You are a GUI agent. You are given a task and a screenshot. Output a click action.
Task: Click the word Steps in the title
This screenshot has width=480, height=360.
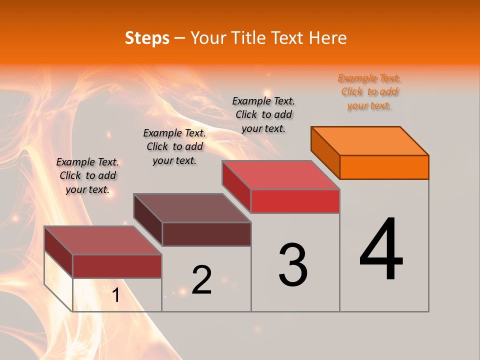point(147,38)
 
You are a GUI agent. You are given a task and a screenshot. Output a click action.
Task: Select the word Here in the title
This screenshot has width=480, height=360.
point(327,38)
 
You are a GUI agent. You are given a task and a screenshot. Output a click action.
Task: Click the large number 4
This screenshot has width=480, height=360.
point(381,250)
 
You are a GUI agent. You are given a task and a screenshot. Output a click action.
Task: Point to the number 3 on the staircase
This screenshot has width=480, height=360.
point(293,264)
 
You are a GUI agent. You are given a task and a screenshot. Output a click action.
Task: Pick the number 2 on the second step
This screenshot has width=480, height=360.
point(202,280)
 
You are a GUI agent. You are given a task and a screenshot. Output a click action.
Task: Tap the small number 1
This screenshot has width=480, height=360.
point(115,295)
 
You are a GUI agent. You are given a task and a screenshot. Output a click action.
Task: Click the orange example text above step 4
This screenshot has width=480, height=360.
point(369,92)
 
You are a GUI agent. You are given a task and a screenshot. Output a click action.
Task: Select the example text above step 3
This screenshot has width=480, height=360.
point(263,114)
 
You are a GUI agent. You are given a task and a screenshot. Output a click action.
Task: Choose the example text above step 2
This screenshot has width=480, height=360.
point(174,146)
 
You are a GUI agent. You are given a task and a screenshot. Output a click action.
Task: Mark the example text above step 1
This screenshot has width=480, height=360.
point(87,175)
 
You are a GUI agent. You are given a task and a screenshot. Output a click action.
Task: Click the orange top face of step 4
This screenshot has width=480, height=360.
point(370,141)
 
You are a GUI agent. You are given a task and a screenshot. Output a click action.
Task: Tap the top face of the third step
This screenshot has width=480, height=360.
point(281,175)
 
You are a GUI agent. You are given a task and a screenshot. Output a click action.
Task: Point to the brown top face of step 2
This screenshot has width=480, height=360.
point(192,208)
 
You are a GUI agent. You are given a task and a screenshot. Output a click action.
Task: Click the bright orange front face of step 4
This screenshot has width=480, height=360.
point(384,167)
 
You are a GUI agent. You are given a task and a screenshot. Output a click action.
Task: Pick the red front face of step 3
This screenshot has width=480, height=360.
point(295,201)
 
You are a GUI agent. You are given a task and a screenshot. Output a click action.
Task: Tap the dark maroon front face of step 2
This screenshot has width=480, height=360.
point(206,234)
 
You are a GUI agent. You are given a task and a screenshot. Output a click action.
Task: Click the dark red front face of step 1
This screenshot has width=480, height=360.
point(117,266)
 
